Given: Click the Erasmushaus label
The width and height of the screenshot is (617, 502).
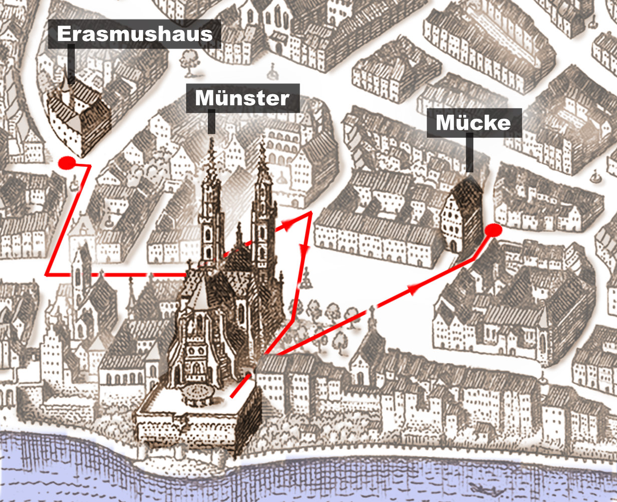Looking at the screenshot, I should click(x=134, y=34).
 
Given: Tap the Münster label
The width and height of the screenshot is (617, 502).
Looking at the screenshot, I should click(x=242, y=98).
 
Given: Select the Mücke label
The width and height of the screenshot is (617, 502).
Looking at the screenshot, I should click(x=474, y=123).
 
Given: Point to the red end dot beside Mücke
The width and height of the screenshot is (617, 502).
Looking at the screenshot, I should click(x=493, y=230).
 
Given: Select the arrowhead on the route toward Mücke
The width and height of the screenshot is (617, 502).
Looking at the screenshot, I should click(x=414, y=289).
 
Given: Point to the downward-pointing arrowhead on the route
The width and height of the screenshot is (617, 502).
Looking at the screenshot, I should click(x=303, y=248).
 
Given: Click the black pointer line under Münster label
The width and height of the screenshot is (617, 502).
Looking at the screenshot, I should click(x=211, y=123).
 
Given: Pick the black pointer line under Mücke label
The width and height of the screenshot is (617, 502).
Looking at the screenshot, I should click(x=469, y=155).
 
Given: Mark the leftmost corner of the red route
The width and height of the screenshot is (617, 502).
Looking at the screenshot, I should click(x=47, y=275).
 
